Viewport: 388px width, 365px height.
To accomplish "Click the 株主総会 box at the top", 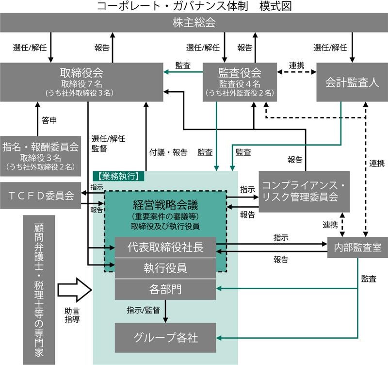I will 194,22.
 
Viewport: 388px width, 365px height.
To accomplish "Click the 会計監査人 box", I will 352,82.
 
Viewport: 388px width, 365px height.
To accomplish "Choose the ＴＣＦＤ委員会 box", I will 40,196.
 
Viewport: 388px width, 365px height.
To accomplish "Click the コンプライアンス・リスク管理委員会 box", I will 304,191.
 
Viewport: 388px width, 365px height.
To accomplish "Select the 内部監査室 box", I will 357,247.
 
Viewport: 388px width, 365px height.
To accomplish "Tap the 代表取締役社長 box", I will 165,247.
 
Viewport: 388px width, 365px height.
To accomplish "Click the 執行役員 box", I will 165,268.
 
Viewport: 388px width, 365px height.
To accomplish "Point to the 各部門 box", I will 165,290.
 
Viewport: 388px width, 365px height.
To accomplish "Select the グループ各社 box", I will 165,337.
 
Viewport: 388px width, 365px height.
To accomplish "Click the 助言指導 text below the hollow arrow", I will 72,315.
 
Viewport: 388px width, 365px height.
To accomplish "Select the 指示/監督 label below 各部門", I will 144,310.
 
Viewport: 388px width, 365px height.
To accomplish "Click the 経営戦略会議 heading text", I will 165,203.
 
